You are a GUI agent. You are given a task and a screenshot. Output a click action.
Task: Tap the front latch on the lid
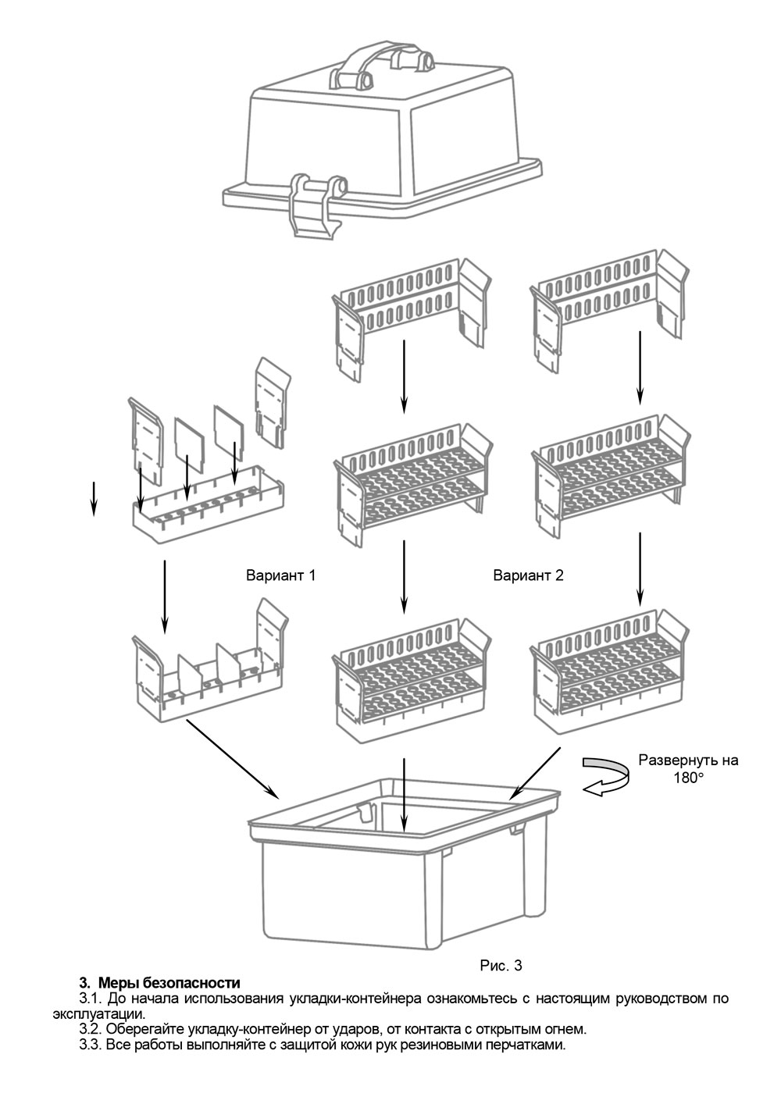(316, 205)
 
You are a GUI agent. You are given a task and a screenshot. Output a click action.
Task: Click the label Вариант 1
(281, 576)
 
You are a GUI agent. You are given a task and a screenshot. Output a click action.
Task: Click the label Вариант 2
(528, 576)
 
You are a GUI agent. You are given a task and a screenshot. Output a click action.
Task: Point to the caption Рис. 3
(501, 966)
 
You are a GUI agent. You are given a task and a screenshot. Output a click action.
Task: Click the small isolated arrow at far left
(94, 498)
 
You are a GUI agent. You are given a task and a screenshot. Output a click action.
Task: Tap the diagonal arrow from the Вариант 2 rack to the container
(536, 773)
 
